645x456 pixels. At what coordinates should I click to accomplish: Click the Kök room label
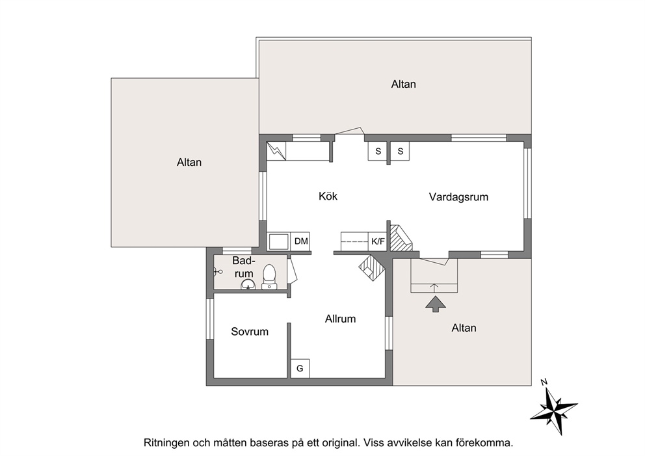point(328,196)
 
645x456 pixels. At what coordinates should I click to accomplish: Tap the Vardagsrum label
point(458,196)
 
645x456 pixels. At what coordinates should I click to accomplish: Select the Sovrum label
point(249,331)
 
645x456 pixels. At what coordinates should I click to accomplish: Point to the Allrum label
point(340,319)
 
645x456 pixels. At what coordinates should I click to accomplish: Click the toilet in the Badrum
point(269,277)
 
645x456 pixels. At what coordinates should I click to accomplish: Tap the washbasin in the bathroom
point(248,284)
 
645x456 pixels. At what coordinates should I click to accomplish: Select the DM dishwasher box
point(300,241)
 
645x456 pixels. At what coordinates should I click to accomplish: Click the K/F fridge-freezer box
point(378,241)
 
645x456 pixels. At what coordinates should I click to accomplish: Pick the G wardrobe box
point(300,368)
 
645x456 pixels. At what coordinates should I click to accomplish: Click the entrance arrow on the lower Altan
point(435,304)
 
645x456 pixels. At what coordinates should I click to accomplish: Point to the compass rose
point(554,407)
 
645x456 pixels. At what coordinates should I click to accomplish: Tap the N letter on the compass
point(544,382)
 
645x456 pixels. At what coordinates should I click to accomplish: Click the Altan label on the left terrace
point(189,162)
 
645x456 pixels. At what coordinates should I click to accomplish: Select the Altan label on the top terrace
point(403,84)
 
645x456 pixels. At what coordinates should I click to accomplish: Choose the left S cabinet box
point(378,151)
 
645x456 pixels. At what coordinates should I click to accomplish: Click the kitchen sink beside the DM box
point(278,241)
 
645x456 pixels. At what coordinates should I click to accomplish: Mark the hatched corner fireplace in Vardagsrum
point(401,238)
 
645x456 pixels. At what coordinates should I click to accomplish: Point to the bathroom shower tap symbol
point(218,271)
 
